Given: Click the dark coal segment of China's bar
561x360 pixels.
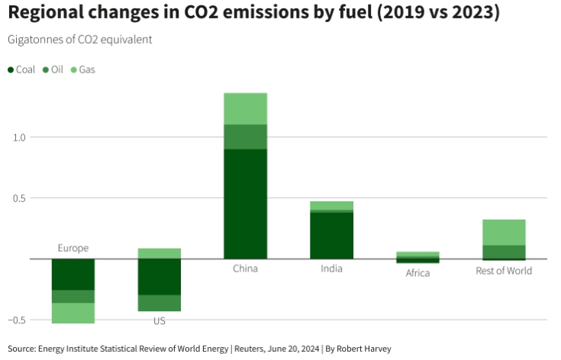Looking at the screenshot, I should pos(245,203).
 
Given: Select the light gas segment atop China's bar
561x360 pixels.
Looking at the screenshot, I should pos(245,108).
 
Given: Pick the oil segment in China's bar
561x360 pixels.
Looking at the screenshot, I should pos(245,137).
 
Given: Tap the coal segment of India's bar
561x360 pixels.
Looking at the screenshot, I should pos(331,235).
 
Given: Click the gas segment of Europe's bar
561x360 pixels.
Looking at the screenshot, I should pos(73,313).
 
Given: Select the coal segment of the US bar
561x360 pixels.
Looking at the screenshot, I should pos(159,276).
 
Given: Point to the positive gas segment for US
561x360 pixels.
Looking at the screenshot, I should pos(159,253).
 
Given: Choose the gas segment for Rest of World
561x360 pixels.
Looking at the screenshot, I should pos(504,232).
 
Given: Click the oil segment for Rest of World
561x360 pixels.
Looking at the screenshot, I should pos(504,252).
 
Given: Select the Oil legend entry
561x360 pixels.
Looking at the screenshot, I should pos(52,69).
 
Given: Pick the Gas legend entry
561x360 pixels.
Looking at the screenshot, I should pos(82,69).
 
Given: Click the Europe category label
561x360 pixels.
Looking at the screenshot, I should pos(73,248).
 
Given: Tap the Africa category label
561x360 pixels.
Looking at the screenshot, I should pos(418,273).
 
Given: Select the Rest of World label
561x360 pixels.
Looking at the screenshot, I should pos(504,270).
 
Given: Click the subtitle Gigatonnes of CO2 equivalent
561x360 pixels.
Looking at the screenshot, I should pos(80,40).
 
